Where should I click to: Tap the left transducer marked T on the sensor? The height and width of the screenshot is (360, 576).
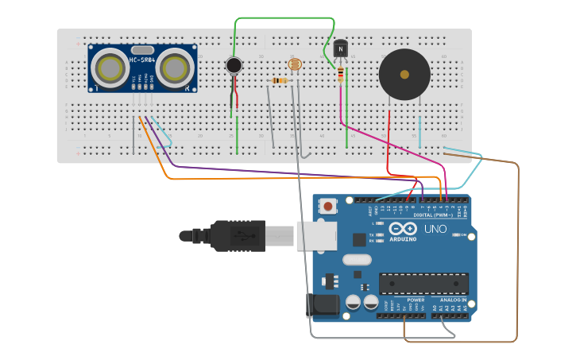(110, 68)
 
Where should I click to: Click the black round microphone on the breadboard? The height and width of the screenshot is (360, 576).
(234, 65)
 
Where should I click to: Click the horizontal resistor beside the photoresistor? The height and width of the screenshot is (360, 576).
(279, 80)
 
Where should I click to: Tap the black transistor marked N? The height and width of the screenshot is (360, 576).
(341, 49)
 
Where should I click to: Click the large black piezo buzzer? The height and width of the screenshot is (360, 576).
(404, 75)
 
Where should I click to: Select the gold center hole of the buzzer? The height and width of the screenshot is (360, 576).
(404, 75)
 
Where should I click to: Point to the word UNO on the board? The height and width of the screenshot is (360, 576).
(435, 230)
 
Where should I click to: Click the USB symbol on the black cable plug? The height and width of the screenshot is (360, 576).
(238, 236)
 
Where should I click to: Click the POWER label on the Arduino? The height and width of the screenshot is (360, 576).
(416, 300)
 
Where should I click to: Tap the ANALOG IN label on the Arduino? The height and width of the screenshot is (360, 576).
(454, 300)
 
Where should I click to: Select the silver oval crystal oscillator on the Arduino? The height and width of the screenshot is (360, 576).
(357, 259)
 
